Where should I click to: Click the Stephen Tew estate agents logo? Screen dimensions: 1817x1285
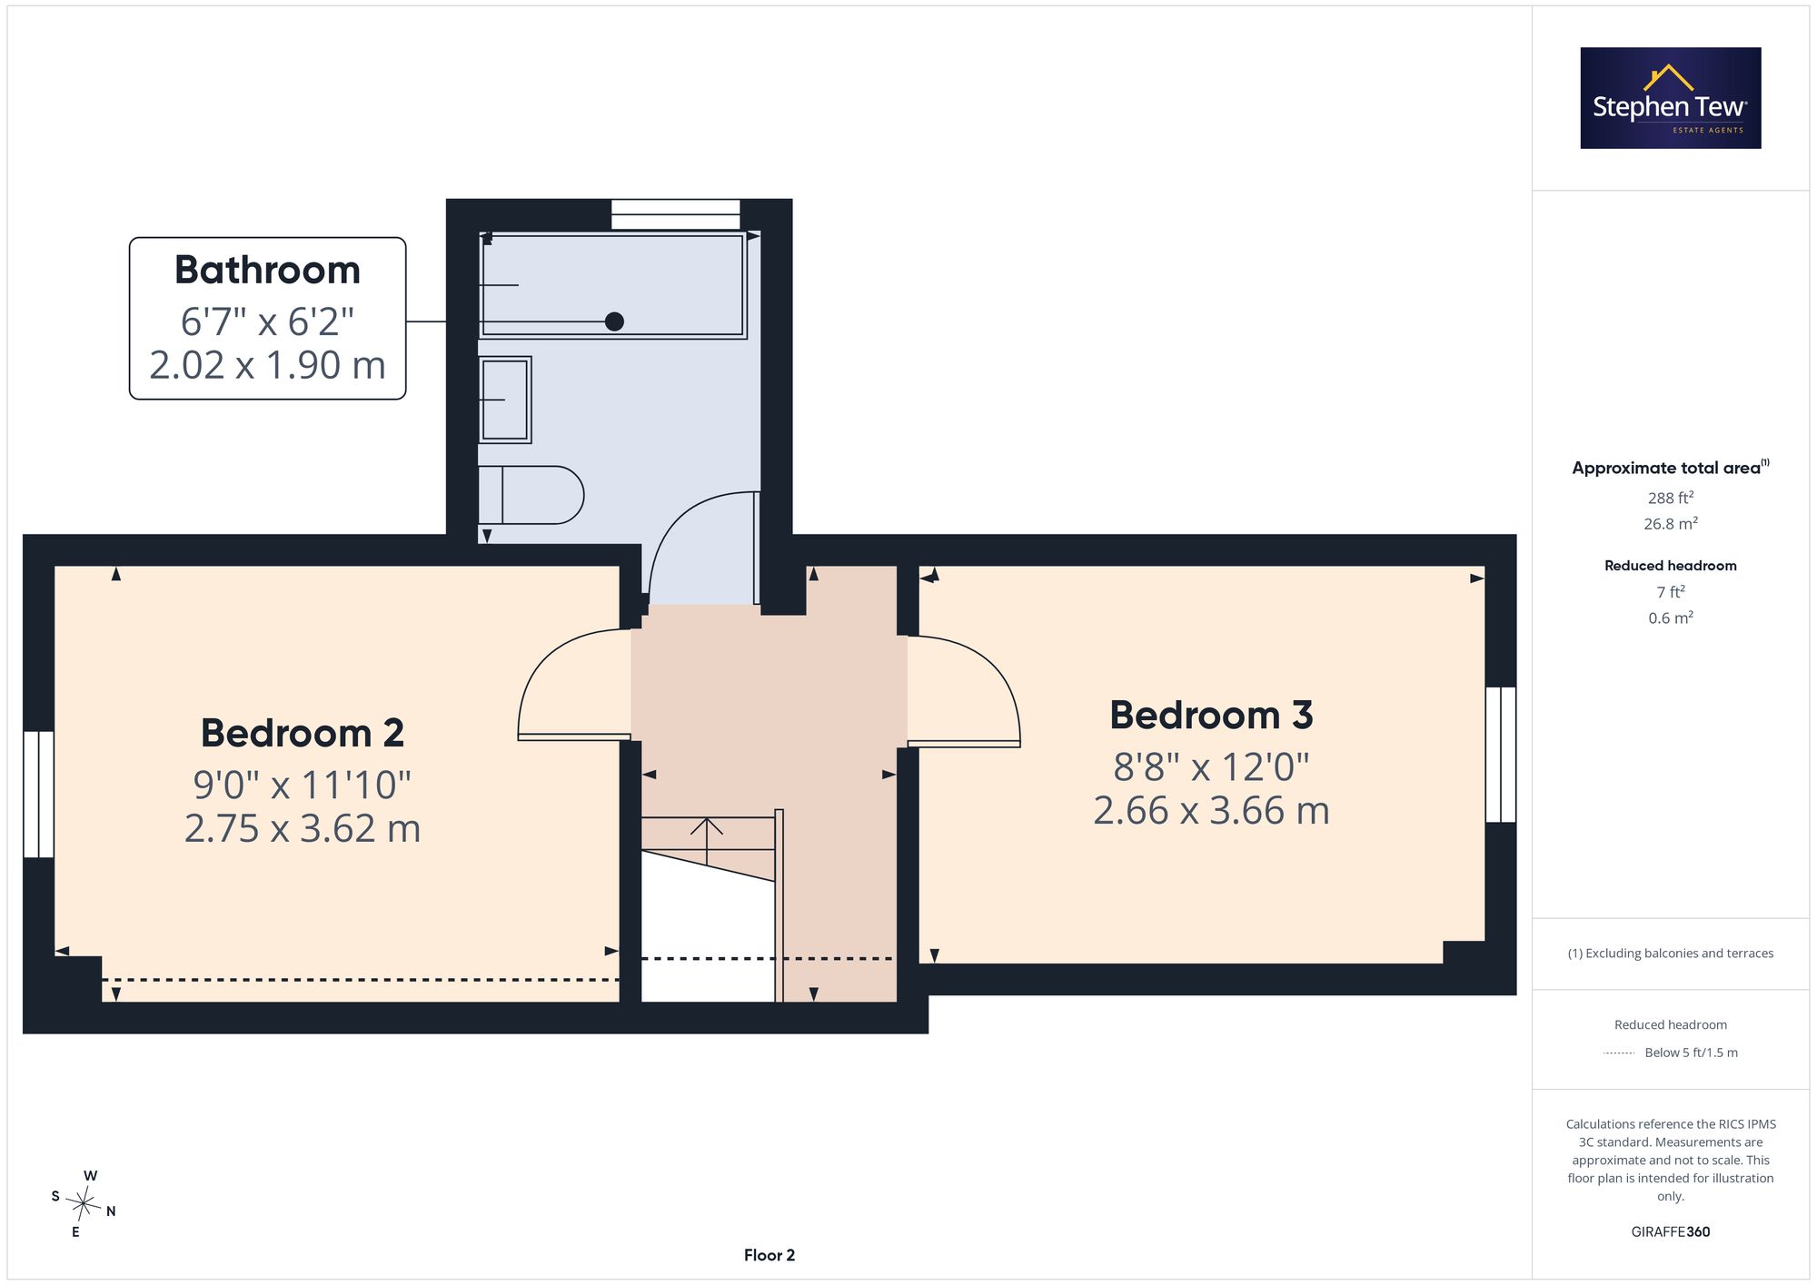click(1671, 98)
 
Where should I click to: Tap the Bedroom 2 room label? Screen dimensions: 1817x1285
click(303, 733)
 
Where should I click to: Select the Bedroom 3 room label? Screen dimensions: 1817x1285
click(1211, 715)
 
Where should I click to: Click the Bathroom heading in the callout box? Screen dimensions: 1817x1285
click(267, 270)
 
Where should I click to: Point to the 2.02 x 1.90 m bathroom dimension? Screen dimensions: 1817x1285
click(267, 365)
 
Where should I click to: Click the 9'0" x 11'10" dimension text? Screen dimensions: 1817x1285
click(303, 785)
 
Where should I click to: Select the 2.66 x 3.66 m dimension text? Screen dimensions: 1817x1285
click(1211, 810)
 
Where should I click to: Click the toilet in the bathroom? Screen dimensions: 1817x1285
click(531, 495)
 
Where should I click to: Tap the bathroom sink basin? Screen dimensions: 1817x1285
click(505, 400)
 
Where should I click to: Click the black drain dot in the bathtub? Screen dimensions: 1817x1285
click(614, 321)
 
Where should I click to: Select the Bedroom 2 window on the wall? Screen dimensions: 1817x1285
click(38, 795)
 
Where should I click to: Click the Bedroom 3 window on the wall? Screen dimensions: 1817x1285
click(1501, 755)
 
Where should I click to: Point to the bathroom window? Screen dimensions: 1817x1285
click(676, 214)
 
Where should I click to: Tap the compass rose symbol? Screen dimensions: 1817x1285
click(84, 1204)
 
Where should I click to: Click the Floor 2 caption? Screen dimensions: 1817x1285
click(769, 1255)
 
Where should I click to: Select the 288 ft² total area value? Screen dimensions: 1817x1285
click(1671, 498)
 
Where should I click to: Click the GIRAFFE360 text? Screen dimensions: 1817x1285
click(1671, 1232)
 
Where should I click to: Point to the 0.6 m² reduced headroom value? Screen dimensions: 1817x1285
click(1671, 618)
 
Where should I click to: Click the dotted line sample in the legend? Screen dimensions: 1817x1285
click(1619, 1053)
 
